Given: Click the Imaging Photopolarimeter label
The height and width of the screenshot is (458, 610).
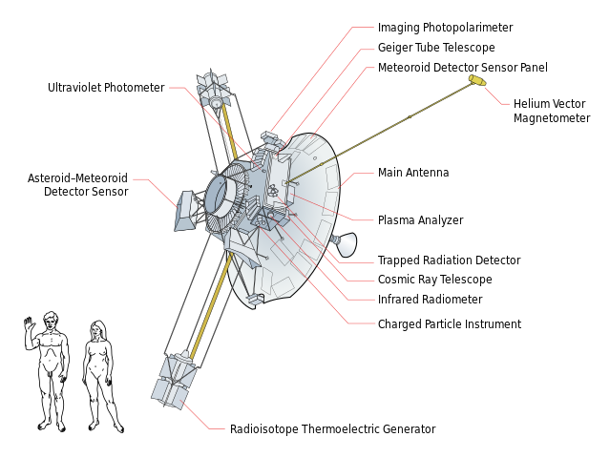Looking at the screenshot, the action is pos(445,28).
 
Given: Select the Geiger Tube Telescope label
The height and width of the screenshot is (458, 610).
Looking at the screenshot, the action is pos(436,48).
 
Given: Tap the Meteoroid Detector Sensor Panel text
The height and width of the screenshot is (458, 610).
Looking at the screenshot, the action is pos(463,67).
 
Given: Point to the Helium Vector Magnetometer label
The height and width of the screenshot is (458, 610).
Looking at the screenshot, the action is pos(552,111).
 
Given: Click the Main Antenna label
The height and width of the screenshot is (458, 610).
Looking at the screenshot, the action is pos(413,173).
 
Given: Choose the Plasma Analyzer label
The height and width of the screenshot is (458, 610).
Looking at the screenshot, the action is pos(421,220).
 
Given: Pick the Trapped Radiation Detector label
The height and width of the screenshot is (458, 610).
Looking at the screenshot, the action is pos(449,260).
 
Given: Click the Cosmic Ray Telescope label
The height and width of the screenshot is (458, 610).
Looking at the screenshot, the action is pos(435,280).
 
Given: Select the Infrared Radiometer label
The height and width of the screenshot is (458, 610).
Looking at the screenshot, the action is pos(430,300).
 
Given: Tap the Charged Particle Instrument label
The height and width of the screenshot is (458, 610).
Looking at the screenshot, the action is pos(450,323).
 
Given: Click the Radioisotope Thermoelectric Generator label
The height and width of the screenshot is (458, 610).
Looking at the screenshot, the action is pos(332,428).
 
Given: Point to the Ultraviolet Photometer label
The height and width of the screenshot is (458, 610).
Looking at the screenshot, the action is pos(106,88).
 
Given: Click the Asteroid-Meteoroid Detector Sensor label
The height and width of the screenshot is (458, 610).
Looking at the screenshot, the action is pos(78,185).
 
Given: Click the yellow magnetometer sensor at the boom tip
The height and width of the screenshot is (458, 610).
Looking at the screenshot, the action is pos(477,80).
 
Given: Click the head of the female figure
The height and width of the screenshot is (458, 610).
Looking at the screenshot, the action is pos(97,330).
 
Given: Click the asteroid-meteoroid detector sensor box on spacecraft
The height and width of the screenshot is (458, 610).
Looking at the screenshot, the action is pos(185,211).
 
